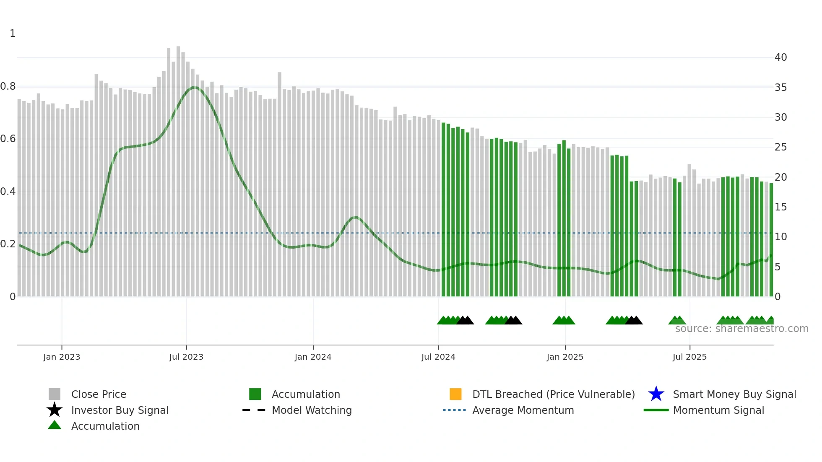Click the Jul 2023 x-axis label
[x=186, y=357]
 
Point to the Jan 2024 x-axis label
[x=313, y=357]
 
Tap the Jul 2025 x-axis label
[x=689, y=357]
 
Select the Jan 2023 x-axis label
[x=62, y=357]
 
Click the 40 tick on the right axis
[x=780, y=57]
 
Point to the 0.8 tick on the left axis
[x=8, y=86]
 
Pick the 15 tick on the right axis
[x=780, y=207]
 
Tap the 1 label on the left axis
[x=13, y=34]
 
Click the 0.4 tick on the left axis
[x=8, y=192]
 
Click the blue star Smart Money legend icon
[x=656, y=394]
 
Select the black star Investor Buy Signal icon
[x=55, y=410]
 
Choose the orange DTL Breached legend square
[x=455, y=394]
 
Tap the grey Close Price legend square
[x=55, y=394]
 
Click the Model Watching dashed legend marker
[x=254, y=410]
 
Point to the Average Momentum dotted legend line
[x=455, y=410]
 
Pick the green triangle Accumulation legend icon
[x=55, y=425]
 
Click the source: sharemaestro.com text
[x=741, y=329]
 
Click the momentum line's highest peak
[x=194, y=87]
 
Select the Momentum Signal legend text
[x=718, y=410]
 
